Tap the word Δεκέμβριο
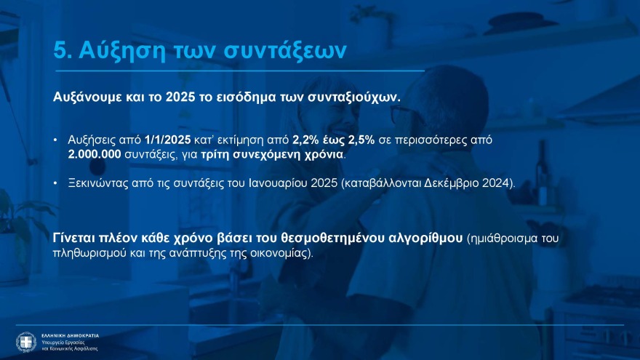pyautogui.click(x=451, y=183)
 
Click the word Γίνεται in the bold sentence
pyautogui.click(x=76, y=239)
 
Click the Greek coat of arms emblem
pyautogui.click(x=26, y=342)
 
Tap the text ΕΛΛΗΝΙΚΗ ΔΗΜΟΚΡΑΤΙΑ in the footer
pyautogui.click(x=69, y=335)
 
